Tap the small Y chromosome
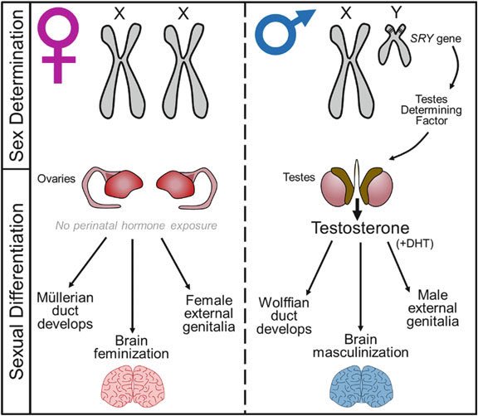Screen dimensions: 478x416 coord(395,45)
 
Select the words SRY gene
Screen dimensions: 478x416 coord(436,39)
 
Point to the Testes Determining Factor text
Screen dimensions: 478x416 coord(431,110)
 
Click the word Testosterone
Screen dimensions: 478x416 coord(360,228)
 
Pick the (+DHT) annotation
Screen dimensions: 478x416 coord(416,244)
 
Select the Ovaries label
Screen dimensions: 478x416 coord(56,179)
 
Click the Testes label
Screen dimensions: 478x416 coord(299,177)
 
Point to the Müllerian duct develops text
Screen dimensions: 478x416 coord(65,311)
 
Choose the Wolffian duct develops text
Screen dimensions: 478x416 coord(284,316)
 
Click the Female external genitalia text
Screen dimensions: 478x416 coord(209,314)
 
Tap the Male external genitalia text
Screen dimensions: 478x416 coord(432,308)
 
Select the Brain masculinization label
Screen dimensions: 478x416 coord(361,346)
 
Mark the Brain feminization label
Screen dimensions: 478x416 coord(131,347)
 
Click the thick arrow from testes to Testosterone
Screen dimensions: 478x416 coord(358,210)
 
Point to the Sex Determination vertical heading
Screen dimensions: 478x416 coord(17,85)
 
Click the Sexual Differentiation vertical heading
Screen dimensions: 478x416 coord(17,292)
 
